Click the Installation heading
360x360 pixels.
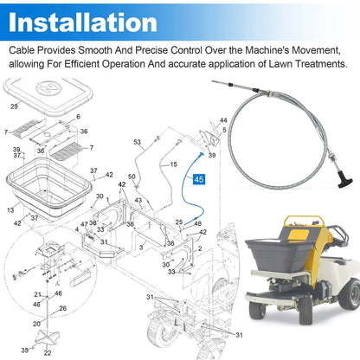(83, 22)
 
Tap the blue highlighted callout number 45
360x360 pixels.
(199, 179)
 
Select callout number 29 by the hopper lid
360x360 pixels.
(14, 106)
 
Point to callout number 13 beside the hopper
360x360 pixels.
(10, 209)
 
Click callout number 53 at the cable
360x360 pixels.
(137, 142)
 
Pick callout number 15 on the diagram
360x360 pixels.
(173, 164)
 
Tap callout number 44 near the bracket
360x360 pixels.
(223, 120)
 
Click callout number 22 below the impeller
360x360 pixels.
(48, 352)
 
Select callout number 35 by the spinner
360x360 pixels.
(25, 350)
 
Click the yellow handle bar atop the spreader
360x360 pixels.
(304, 222)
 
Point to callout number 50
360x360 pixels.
(132, 177)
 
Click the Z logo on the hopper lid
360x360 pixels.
(48, 88)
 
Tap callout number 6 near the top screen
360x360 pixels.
(78, 117)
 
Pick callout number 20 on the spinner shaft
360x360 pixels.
(36, 324)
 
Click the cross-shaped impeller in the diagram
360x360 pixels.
(47, 338)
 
